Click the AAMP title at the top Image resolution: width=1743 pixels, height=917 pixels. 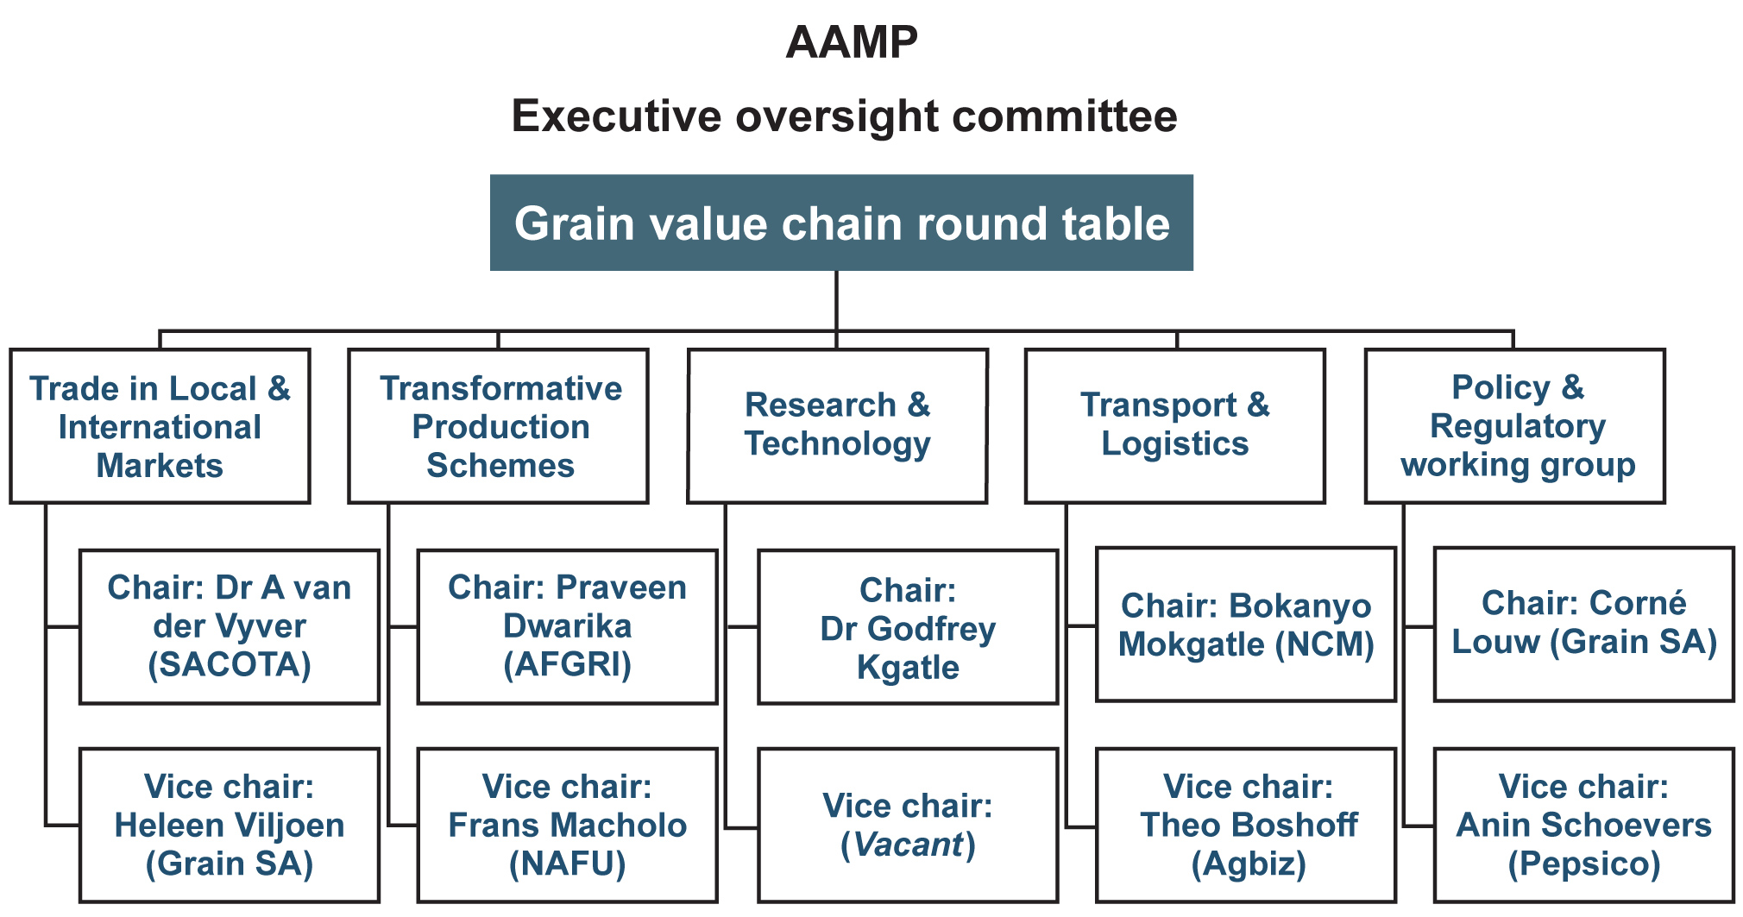tap(852, 42)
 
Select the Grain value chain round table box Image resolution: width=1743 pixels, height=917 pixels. tap(841, 223)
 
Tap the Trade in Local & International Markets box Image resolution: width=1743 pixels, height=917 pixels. tap(160, 426)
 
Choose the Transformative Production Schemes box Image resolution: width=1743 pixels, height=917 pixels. tap(498, 426)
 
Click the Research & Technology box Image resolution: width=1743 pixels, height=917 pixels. tap(837, 426)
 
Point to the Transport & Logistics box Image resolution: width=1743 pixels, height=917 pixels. tap(1175, 426)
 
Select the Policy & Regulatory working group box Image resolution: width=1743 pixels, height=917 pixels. tap(1515, 426)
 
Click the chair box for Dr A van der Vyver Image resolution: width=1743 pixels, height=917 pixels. tap(230, 627)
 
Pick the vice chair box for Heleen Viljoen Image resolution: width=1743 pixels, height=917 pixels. tap(230, 826)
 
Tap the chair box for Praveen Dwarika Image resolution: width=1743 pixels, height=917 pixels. tap(568, 627)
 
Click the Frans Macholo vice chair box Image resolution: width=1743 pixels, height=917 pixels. tap(568, 826)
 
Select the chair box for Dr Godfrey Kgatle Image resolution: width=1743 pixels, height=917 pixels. tap(908, 627)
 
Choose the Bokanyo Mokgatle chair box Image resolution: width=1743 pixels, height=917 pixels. tap(1246, 625)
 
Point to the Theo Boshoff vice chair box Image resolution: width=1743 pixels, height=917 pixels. tap(1246, 826)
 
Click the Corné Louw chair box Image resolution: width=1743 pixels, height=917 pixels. tap(1584, 625)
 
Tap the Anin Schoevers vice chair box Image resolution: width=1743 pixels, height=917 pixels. tap(1584, 826)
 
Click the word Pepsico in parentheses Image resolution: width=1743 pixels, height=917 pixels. tap(1584, 864)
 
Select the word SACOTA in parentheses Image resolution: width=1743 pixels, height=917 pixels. tap(230, 665)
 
